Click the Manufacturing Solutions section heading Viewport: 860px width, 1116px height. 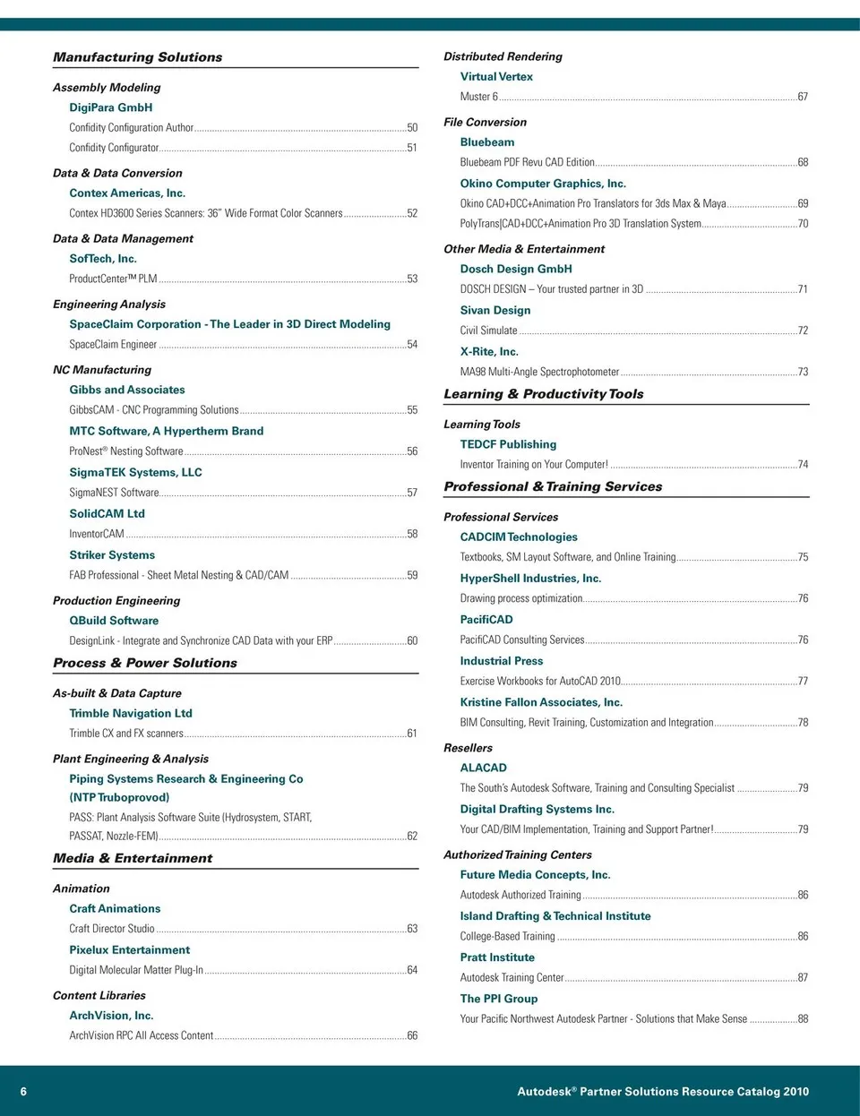(137, 57)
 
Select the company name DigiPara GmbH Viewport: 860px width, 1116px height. (111, 107)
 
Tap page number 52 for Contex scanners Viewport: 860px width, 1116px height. (412, 213)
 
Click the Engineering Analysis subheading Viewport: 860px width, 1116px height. (109, 305)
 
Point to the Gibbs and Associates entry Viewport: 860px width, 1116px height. (127, 390)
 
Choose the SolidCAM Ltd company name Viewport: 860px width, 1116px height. (107, 514)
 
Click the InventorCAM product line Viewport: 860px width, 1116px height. (97, 534)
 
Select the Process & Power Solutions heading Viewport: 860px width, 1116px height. (145, 664)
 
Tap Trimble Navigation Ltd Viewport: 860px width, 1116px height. (131, 714)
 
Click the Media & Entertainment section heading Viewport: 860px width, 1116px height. (133, 858)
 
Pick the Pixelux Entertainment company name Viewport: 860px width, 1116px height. (130, 950)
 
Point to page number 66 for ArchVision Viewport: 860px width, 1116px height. (412, 1035)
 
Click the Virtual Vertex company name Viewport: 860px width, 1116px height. (496, 77)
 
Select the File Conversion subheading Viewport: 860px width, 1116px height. (485, 123)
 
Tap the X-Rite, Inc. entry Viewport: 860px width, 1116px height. (489, 352)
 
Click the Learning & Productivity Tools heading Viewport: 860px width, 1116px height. (544, 394)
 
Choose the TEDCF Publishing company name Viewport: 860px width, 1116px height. (508, 444)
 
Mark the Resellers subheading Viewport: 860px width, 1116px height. (468, 748)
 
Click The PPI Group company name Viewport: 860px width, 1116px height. (499, 999)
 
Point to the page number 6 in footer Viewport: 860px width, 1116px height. (23, 1092)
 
